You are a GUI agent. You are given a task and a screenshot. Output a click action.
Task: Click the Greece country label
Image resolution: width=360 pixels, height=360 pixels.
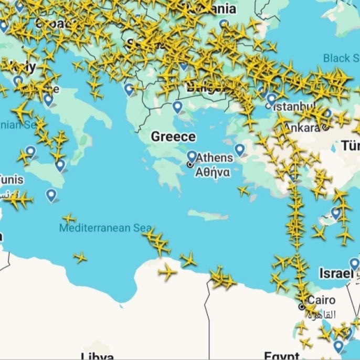point(173,137)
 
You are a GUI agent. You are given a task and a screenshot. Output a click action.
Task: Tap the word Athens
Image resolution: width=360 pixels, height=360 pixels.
point(215,158)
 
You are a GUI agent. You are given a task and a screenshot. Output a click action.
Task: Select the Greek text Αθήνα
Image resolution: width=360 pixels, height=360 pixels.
point(213,173)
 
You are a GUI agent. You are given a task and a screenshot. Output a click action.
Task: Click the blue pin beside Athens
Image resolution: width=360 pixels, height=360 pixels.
point(192,156)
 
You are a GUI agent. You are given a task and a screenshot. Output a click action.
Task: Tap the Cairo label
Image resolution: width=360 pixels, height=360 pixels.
point(322,301)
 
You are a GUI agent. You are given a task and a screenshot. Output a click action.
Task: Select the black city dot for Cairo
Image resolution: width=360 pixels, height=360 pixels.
point(302,306)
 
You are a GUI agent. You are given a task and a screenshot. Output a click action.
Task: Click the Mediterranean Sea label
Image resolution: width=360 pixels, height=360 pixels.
point(105,228)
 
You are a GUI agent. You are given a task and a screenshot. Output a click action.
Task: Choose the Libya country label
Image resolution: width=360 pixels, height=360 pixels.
point(98,356)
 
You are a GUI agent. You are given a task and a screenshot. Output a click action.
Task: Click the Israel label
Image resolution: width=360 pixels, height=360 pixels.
point(335,273)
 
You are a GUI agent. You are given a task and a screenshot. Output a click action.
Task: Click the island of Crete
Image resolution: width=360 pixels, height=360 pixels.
point(208,215)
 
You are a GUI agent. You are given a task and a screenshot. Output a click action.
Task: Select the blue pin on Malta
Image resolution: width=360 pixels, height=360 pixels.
point(51,195)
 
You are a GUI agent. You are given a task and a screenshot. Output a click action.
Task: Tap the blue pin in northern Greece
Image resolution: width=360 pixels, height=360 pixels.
point(177,107)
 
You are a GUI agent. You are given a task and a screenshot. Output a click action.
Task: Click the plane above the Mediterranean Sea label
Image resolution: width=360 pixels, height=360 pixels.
point(69,218)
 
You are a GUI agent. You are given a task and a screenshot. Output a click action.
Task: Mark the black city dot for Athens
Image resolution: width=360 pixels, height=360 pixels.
point(190,164)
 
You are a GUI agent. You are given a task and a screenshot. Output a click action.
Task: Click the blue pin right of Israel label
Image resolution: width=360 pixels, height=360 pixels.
point(355,263)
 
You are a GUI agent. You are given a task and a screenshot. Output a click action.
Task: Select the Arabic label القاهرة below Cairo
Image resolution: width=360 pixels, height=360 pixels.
point(321,315)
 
